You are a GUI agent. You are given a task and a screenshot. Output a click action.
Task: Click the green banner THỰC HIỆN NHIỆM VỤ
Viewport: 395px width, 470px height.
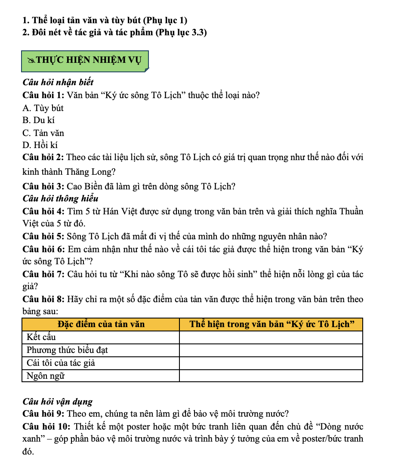point(85,60)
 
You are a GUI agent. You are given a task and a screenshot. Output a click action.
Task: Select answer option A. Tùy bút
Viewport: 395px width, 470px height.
point(43,108)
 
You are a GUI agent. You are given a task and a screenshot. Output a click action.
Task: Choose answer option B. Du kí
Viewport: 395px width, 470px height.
point(38,121)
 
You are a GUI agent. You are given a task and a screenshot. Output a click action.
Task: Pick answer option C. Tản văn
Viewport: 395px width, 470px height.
point(43,133)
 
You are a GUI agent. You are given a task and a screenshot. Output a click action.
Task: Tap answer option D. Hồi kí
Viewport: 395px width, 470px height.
point(40,145)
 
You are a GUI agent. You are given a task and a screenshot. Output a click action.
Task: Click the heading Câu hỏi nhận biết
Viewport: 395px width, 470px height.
point(58,82)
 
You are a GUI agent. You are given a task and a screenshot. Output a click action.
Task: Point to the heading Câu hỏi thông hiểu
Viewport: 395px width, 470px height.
point(60,198)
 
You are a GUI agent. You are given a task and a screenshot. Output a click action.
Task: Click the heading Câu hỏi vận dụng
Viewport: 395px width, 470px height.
point(57,402)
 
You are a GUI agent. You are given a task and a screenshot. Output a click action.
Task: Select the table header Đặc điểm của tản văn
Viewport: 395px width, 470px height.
point(101,324)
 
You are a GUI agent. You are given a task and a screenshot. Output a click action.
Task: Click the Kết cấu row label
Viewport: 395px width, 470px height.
point(41,337)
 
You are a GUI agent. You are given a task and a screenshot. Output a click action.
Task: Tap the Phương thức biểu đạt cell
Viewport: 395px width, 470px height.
point(67,350)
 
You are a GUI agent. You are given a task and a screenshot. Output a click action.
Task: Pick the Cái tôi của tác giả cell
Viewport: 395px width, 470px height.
point(61,363)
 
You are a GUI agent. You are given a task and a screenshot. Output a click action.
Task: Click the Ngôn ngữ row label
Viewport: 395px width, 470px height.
point(45,376)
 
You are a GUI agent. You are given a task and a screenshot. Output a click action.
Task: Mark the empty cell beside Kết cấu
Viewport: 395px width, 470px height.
point(271,337)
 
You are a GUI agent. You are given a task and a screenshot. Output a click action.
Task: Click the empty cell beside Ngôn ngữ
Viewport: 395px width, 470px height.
point(271,376)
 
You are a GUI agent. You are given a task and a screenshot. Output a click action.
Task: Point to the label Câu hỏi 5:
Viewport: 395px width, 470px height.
point(43,236)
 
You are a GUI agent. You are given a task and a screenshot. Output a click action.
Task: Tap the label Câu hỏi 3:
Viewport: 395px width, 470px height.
point(43,186)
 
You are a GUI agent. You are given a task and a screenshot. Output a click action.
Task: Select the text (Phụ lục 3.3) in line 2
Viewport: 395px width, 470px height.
point(181,32)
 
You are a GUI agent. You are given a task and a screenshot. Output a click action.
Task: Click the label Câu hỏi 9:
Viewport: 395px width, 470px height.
point(43,414)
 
